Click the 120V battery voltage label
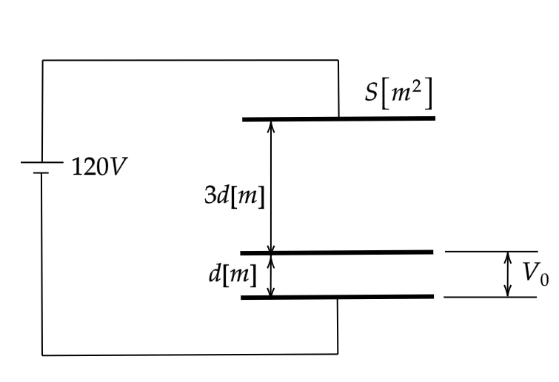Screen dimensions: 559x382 pyautogui.click(x=99, y=167)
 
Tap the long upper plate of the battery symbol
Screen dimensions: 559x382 pyautogui.click(x=42, y=162)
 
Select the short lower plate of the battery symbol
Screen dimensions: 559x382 pyautogui.click(x=41, y=172)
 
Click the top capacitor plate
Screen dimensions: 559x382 pyautogui.click(x=338, y=118)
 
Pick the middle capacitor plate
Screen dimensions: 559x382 pyautogui.click(x=337, y=252)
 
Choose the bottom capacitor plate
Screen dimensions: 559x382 pyautogui.click(x=338, y=297)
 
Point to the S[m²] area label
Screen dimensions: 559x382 pyautogui.click(x=398, y=93)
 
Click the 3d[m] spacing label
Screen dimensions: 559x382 pyautogui.click(x=235, y=195)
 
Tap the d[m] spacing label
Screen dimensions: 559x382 pyautogui.click(x=232, y=275)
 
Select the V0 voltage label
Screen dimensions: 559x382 pyautogui.click(x=535, y=274)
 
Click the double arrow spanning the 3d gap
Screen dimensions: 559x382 pyautogui.click(x=271, y=186)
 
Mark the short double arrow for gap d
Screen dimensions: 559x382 pyautogui.click(x=271, y=275)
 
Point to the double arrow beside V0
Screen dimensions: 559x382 pyautogui.click(x=508, y=274)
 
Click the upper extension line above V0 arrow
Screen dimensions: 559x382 pyautogui.click(x=492, y=252)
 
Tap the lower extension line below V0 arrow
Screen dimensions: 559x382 pyautogui.click(x=490, y=297)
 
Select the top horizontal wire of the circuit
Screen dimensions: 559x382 pyautogui.click(x=190, y=60)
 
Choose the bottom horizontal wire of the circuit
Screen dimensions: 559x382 pyautogui.click(x=190, y=355)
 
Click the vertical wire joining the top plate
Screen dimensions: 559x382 pyautogui.click(x=338, y=88)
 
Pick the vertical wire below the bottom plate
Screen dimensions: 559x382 pyautogui.click(x=338, y=326)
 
